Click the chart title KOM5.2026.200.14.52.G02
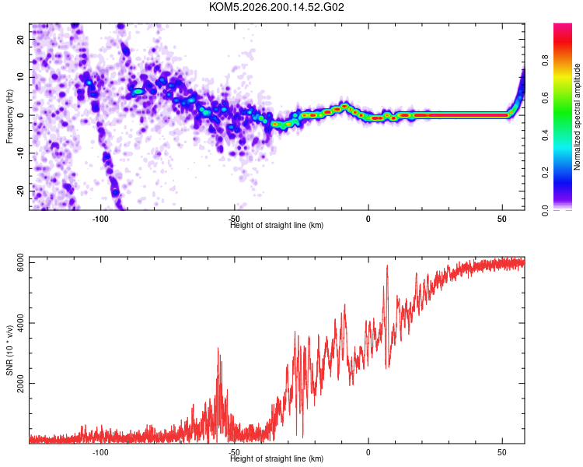pyautogui.click(x=276, y=7)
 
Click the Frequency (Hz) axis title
pyautogui.click(x=9, y=117)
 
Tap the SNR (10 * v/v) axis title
pyautogui.click(x=9, y=350)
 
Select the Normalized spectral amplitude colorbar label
pyautogui.click(x=577, y=117)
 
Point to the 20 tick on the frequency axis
pyautogui.click(x=20, y=40)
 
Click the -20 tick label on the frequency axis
pyautogui.click(x=20, y=191)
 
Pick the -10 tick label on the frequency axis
pyautogui.click(x=20, y=153)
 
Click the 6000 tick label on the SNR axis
pyautogui.click(x=20, y=262)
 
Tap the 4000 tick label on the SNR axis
pyautogui.click(x=20, y=323)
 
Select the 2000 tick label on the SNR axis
pyautogui.click(x=20, y=383)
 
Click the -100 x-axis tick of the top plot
pyautogui.click(x=100, y=219)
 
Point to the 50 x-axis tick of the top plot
pyautogui.click(x=502, y=219)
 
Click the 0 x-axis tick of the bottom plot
pyautogui.click(x=368, y=452)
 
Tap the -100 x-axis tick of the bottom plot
pyautogui.click(x=100, y=452)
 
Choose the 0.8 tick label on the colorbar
pyautogui.click(x=545, y=60)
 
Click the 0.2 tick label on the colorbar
pyautogui.click(x=545, y=173)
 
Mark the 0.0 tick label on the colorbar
pyautogui.click(x=545, y=210)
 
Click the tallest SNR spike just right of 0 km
pyautogui.click(x=387, y=265)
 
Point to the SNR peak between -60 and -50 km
pyautogui.click(x=218, y=348)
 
